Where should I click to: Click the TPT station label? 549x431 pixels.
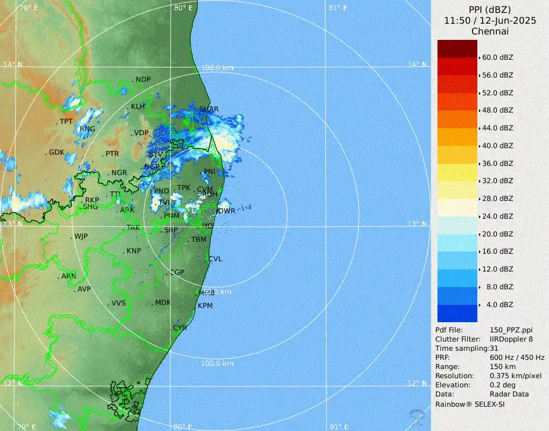click(x=66, y=122)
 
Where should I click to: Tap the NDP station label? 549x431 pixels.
click(x=143, y=80)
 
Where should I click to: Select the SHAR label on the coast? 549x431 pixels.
click(x=209, y=109)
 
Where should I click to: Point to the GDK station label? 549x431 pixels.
click(x=57, y=152)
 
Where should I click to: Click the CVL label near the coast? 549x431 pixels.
click(x=216, y=259)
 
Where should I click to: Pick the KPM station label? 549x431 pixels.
click(x=205, y=305)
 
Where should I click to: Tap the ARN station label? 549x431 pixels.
click(x=69, y=276)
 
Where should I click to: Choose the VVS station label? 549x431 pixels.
click(x=118, y=303)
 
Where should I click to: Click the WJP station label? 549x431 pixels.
click(x=81, y=237)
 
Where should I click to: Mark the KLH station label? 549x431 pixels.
click(x=138, y=107)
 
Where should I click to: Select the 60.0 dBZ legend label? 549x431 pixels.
click(x=497, y=57)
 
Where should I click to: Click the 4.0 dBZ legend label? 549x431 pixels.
click(x=499, y=304)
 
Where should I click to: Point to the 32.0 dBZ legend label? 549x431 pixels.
click(x=497, y=180)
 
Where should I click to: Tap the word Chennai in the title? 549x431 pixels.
click(x=490, y=31)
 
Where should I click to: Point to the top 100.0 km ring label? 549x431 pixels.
click(x=217, y=68)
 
